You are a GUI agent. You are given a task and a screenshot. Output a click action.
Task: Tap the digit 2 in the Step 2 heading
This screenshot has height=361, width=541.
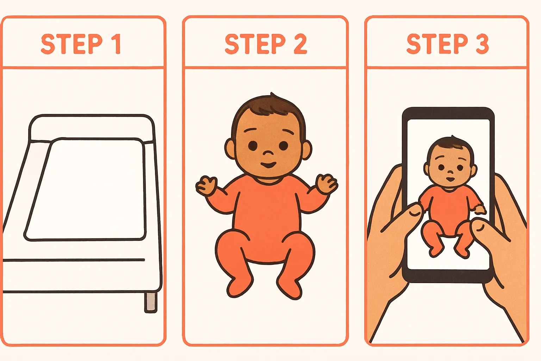pyautogui.click(x=300, y=44)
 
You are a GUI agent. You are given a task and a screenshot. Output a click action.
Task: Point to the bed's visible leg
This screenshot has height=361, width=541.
pyautogui.click(x=151, y=302)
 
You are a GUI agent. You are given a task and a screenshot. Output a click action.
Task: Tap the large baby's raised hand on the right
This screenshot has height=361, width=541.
pyautogui.click(x=327, y=184)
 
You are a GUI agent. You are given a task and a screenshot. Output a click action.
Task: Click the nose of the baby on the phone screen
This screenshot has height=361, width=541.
pyautogui.click(x=450, y=172)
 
